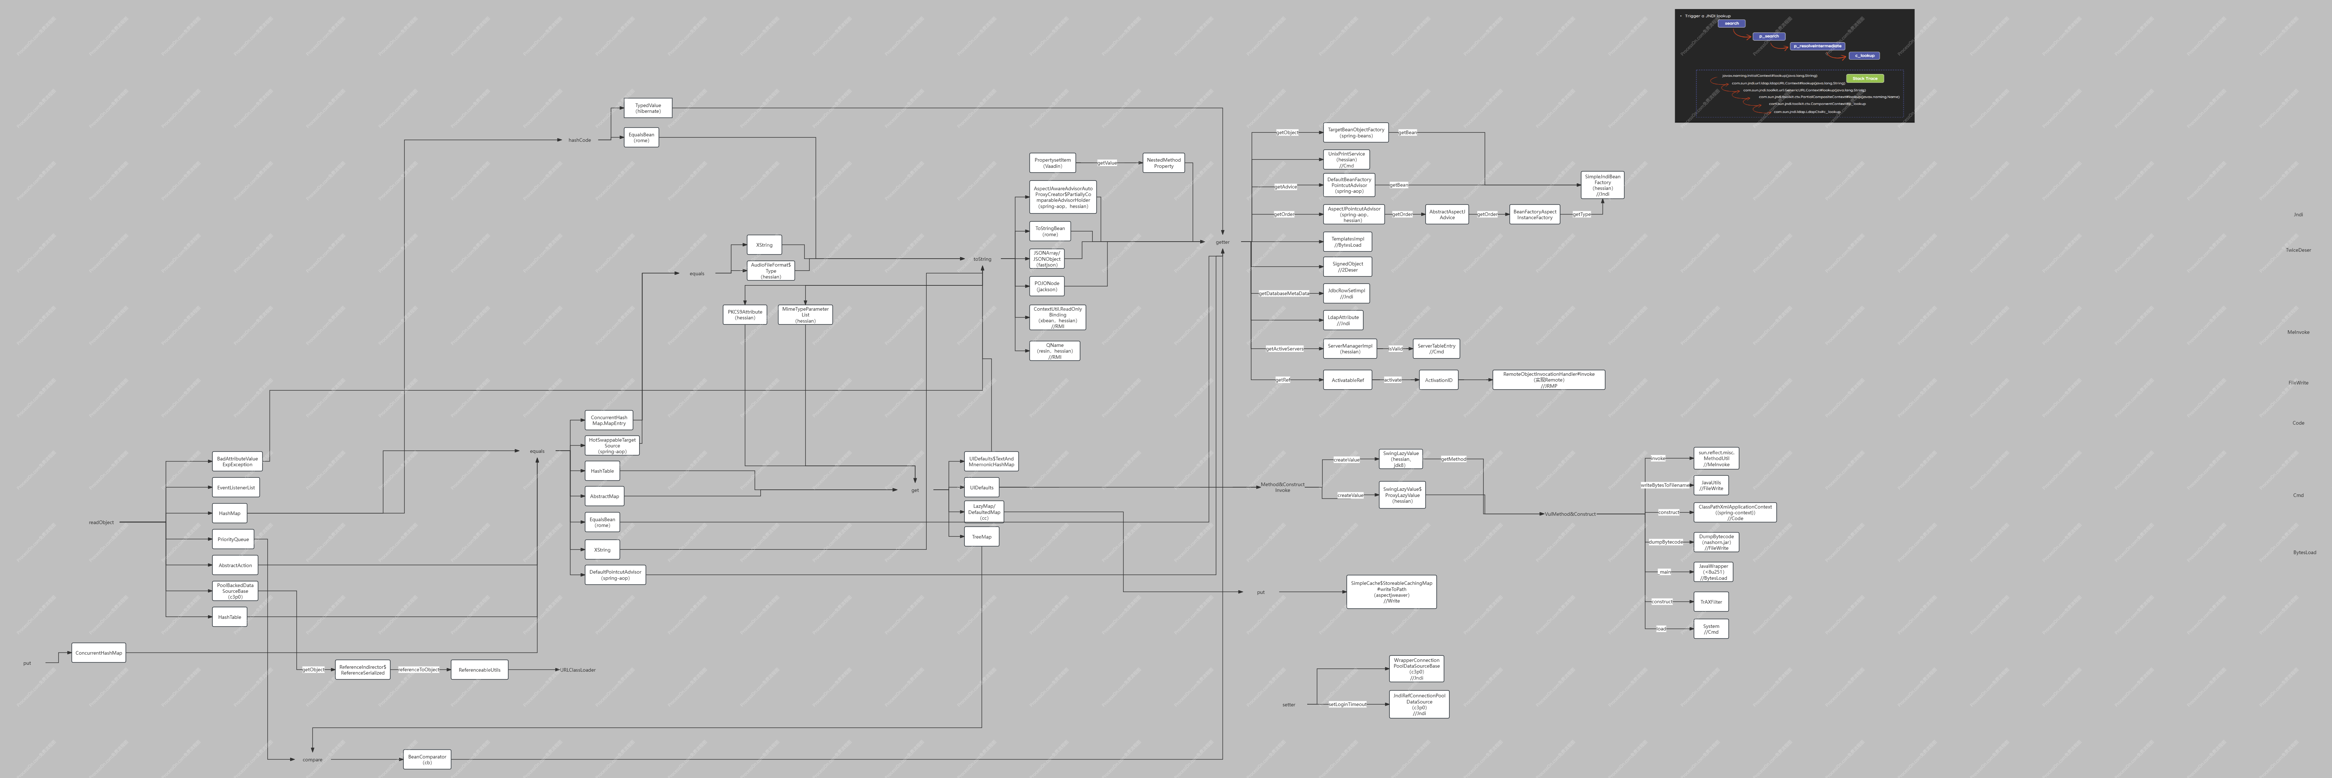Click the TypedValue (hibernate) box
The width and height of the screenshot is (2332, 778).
(x=647, y=108)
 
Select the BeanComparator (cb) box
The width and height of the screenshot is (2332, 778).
(x=426, y=759)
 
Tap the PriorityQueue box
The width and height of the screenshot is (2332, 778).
(x=233, y=539)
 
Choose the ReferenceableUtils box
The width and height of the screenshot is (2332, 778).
(x=479, y=669)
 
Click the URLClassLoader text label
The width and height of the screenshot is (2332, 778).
(x=578, y=669)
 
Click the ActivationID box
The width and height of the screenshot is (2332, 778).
(x=1437, y=379)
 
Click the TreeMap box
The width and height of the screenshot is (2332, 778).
(x=981, y=536)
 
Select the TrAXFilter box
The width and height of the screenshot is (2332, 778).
(x=1710, y=601)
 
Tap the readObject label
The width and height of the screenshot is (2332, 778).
(x=101, y=522)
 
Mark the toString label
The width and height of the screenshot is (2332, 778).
(x=982, y=259)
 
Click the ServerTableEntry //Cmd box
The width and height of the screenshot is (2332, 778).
(x=1436, y=348)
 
